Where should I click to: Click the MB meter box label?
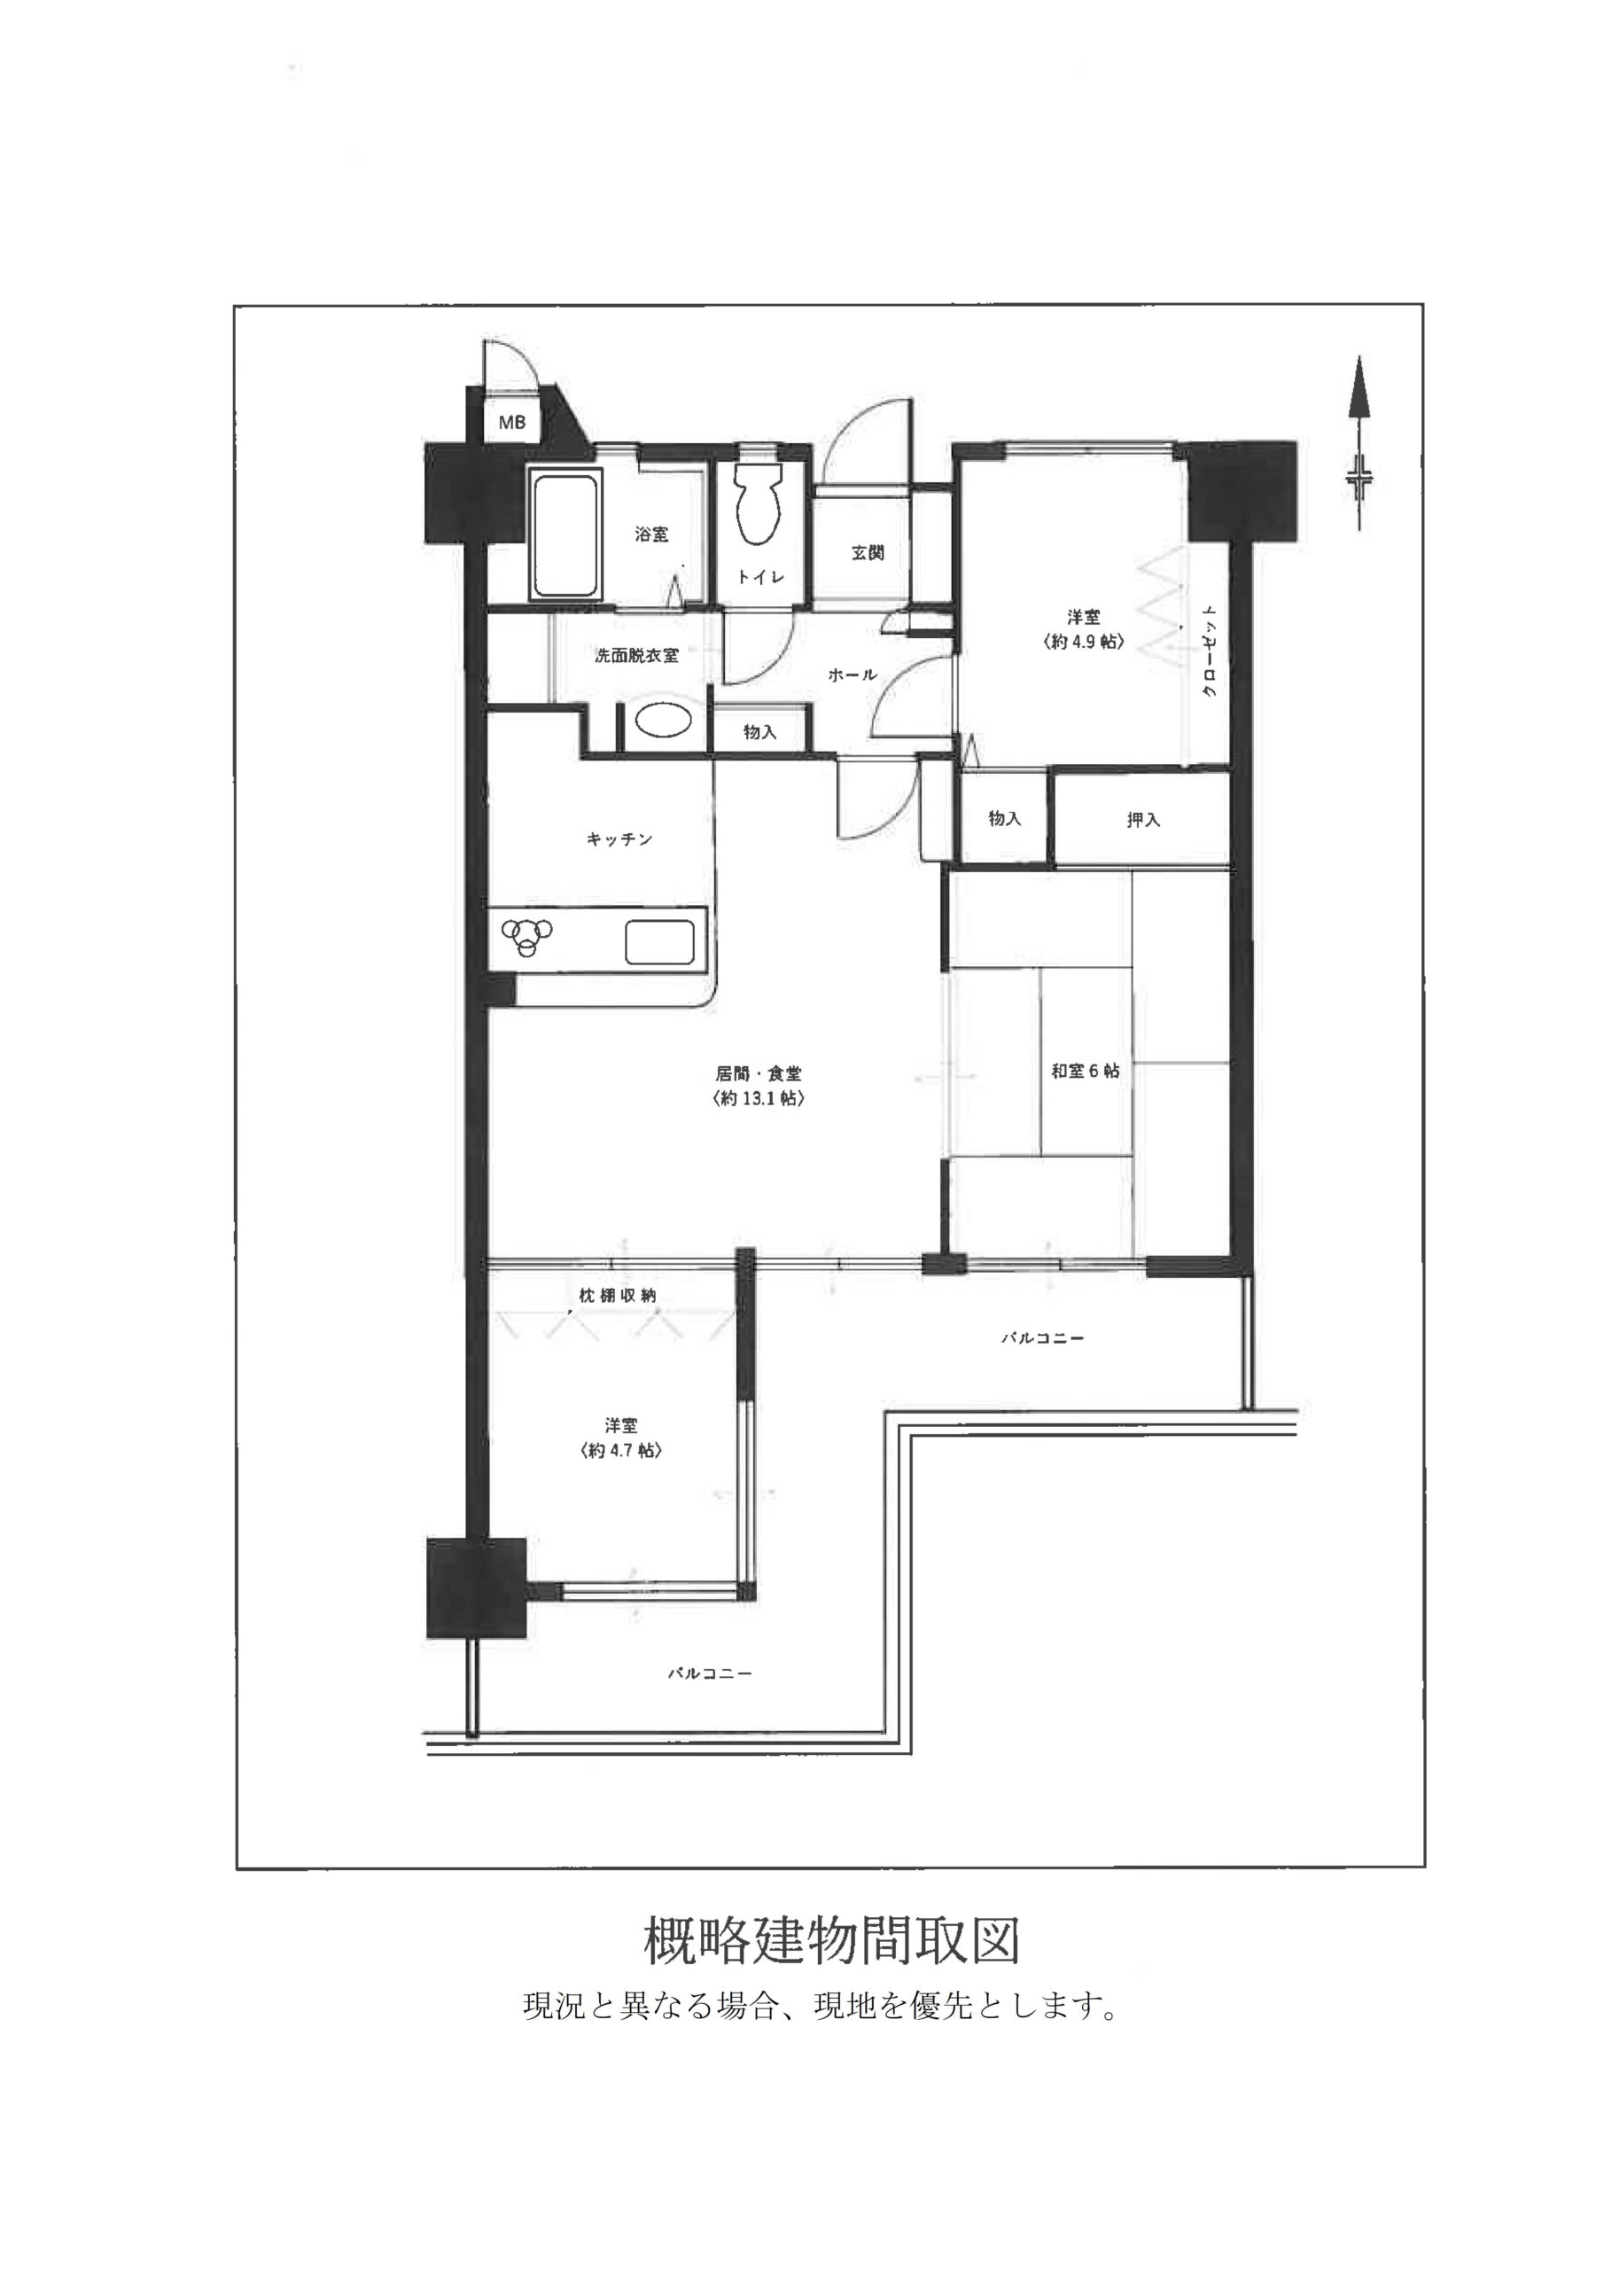pyautogui.click(x=512, y=423)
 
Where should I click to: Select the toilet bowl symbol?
pyautogui.click(x=759, y=504)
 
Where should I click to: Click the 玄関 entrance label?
pyautogui.click(x=867, y=553)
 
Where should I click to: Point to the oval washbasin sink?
pyautogui.click(x=661, y=721)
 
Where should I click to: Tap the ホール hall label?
pyautogui.click(x=852, y=675)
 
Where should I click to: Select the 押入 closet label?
pyautogui.click(x=1142, y=819)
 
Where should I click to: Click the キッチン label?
pyautogui.click(x=619, y=840)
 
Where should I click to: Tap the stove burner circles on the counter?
pyautogui.click(x=526, y=933)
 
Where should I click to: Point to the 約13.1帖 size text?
pyautogui.click(x=757, y=1098)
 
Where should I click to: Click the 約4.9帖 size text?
pyautogui.click(x=1083, y=642)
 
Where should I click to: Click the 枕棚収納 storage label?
pyautogui.click(x=618, y=1295)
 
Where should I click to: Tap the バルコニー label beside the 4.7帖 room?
pyautogui.click(x=710, y=1674)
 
